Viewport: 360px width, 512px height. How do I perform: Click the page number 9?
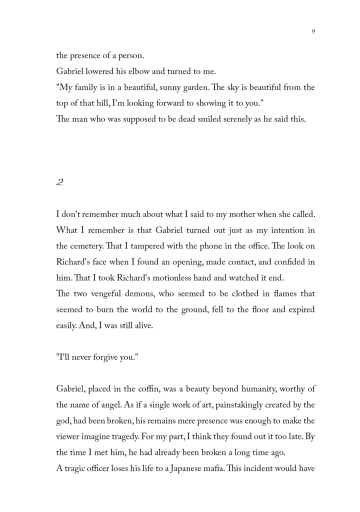point(313,31)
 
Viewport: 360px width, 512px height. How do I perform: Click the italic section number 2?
point(59,183)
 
